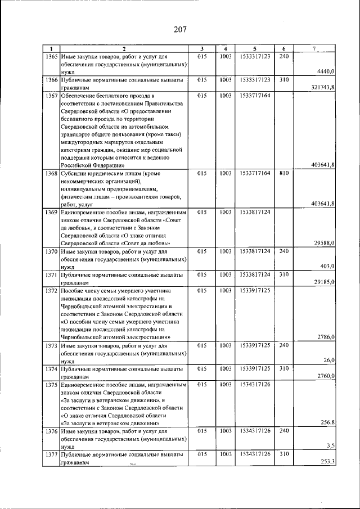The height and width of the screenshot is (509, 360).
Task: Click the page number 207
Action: coord(179,29)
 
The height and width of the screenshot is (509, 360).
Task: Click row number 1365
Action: coord(52,57)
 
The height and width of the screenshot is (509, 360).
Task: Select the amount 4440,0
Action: coord(326,71)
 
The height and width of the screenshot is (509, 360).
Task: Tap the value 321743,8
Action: coord(323,87)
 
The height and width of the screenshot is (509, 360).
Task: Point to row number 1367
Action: coord(52,96)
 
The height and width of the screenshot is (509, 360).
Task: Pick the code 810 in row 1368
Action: coord(284,174)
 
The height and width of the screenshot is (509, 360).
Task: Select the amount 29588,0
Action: coord(325,242)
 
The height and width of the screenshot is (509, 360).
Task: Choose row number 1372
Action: coord(52,291)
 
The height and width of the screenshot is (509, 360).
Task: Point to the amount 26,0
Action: coord(329,360)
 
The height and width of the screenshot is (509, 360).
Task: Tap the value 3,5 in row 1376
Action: coord(331,445)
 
